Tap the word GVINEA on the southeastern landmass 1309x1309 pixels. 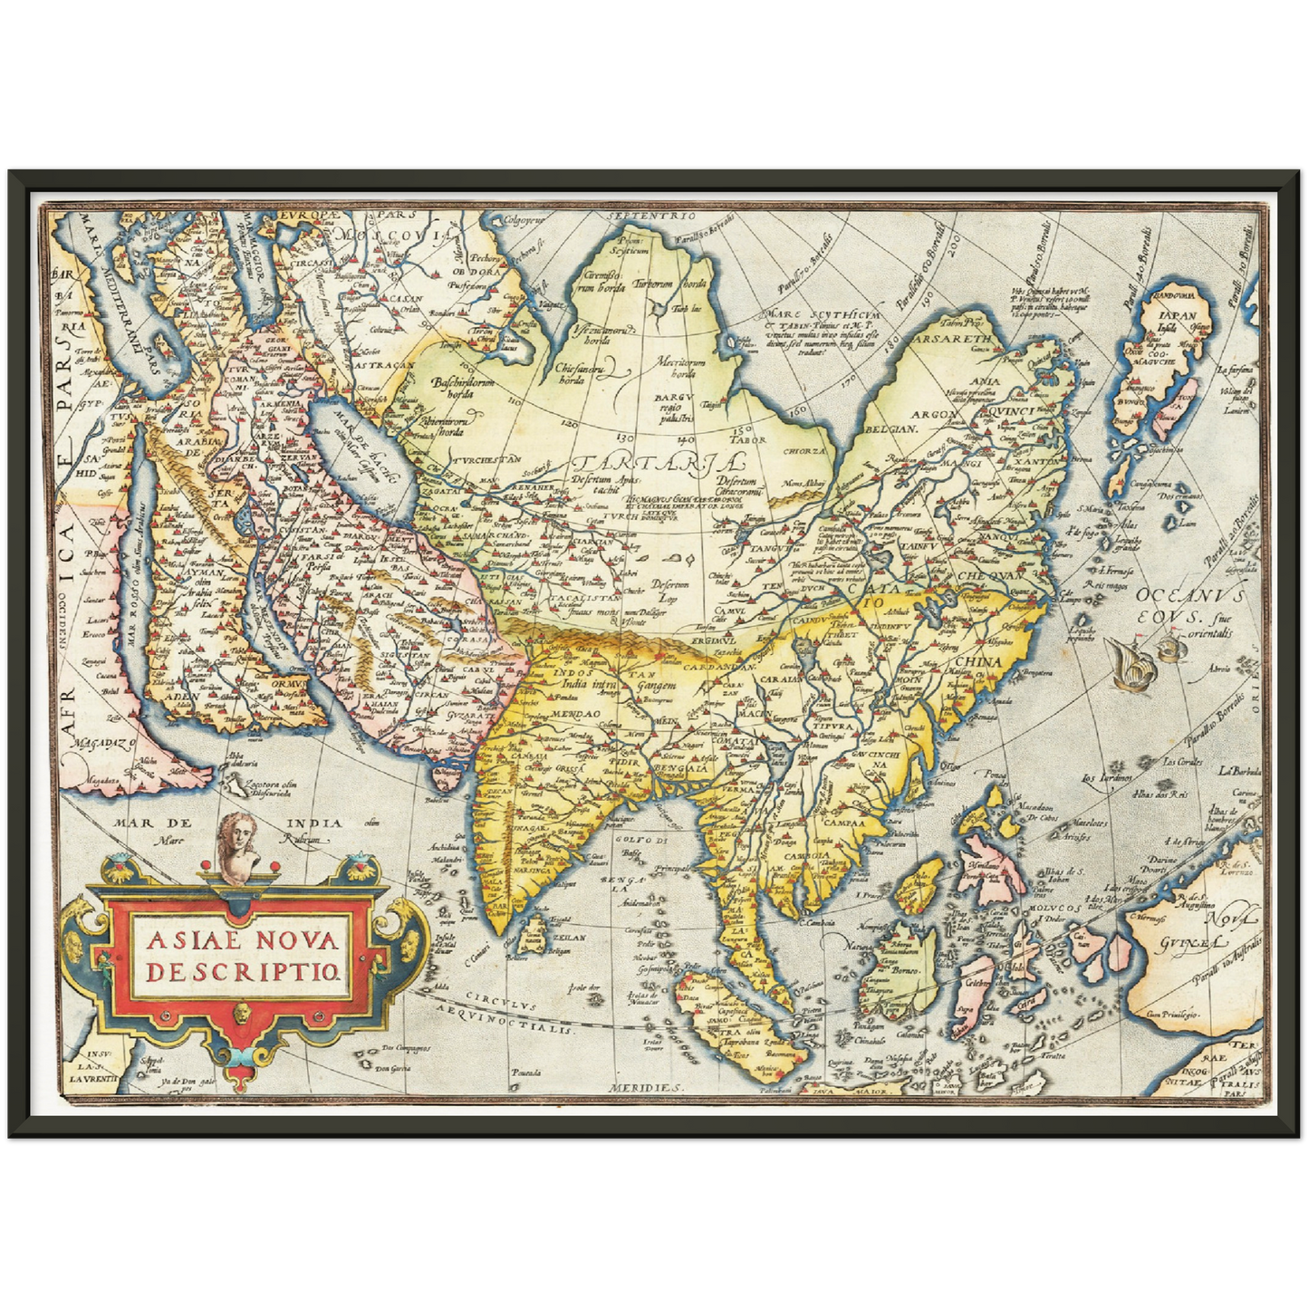[1187, 945]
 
